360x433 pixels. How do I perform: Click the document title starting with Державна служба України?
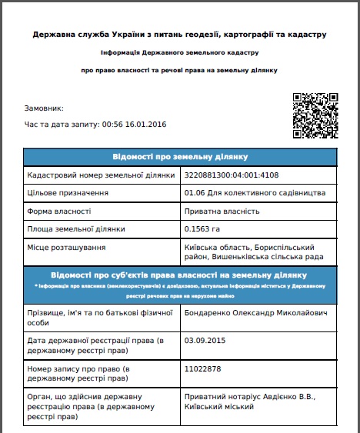coord(180,35)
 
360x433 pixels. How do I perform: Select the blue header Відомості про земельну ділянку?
coord(180,157)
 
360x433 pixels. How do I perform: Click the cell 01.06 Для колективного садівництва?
coord(245,192)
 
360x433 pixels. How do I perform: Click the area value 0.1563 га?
coord(202,229)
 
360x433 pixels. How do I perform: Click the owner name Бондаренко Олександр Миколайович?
coord(252,313)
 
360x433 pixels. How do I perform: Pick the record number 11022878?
coord(202,368)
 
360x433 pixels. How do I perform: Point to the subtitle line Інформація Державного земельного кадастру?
coord(180,52)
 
